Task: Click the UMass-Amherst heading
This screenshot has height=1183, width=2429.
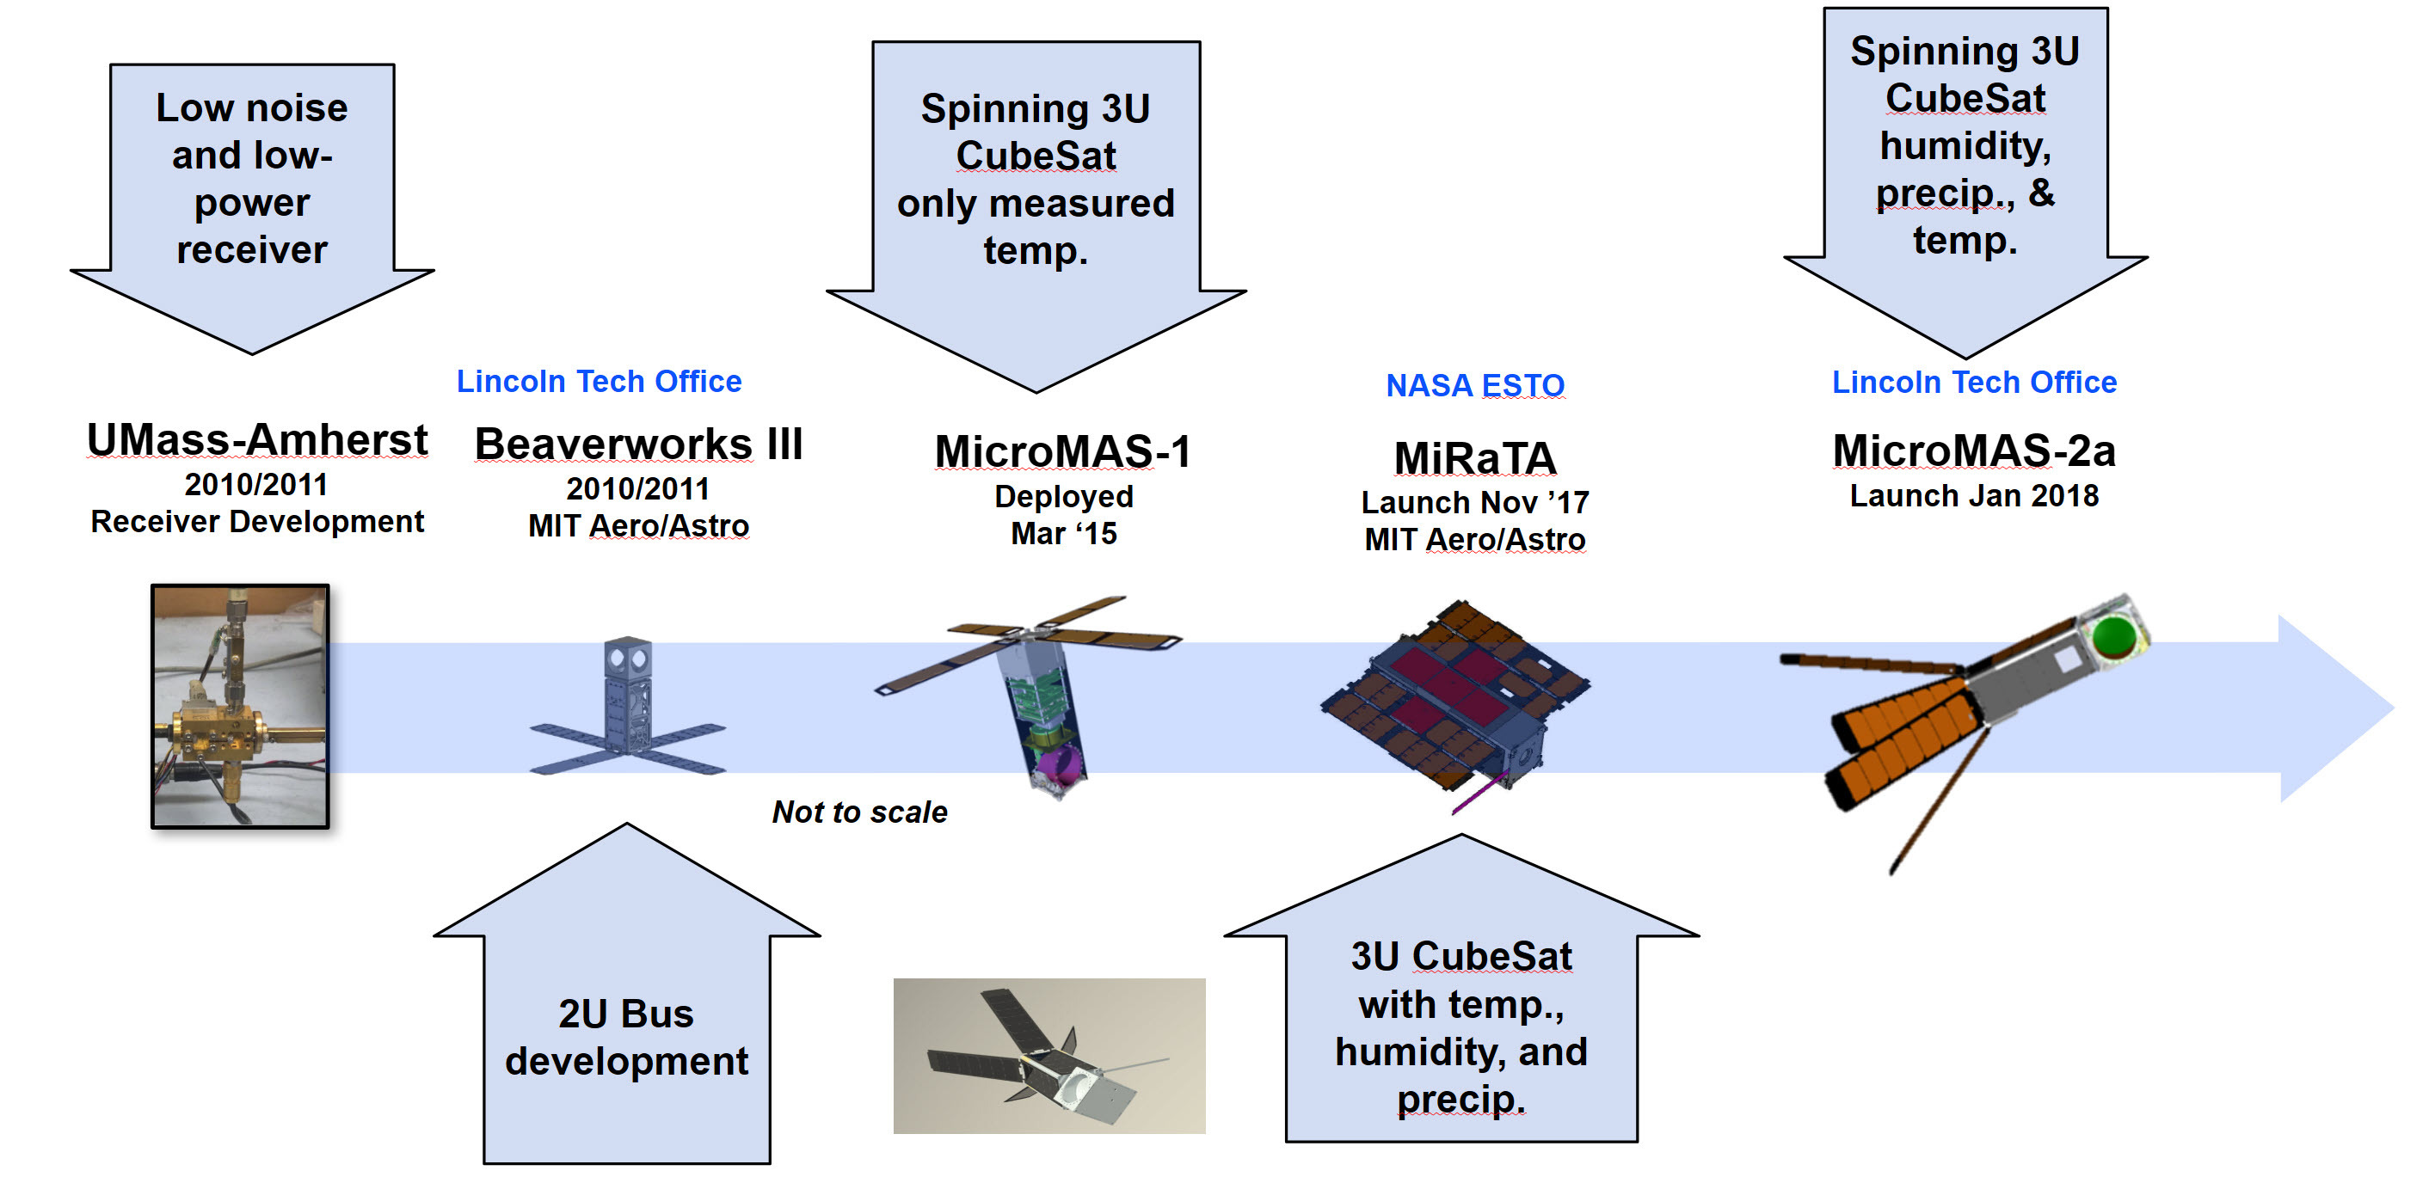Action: pos(256,440)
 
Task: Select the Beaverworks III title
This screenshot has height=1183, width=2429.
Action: pos(638,444)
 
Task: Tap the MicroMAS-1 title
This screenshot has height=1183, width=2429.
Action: pos(1063,451)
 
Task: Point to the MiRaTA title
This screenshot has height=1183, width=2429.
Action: pos(1475,459)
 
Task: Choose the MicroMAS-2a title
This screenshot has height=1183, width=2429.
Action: pos(1973,451)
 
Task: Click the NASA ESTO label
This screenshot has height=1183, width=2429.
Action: pos(1475,385)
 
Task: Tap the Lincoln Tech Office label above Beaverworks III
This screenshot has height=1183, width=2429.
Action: pos(599,381)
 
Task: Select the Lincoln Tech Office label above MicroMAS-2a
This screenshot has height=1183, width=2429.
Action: pos(1973,382)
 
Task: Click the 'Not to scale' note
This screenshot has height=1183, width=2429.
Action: pos(859,812)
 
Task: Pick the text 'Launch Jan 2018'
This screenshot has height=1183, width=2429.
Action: pos(1973,496)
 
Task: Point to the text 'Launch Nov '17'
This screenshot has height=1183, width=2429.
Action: pos(1475,502)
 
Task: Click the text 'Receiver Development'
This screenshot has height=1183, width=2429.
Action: pos(256,521)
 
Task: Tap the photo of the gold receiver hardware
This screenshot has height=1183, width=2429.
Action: pos(241,706)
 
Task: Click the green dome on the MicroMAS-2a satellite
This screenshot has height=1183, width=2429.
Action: pos(2113,636)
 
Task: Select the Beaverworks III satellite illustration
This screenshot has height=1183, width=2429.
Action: pos(628,706)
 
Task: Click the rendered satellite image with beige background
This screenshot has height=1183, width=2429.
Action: pos(1048,1056)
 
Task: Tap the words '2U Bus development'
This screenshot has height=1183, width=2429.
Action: pos(626,1037)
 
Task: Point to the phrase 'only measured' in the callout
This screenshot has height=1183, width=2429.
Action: pos(1036,204)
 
